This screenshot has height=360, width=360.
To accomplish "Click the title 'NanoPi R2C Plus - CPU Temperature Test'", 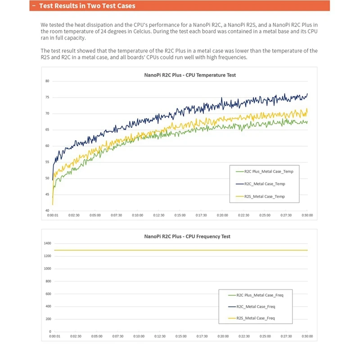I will [180, 75].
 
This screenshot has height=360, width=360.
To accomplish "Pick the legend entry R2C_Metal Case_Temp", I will [265, 184].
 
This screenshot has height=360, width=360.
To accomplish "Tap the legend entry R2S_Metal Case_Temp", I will [265, 197].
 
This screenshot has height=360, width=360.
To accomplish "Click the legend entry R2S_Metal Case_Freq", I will [254, 318].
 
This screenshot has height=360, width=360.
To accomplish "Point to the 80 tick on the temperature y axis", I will [47, 81].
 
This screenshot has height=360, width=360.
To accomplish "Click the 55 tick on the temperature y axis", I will [47, 162].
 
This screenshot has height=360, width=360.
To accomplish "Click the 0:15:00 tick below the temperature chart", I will [180, 216].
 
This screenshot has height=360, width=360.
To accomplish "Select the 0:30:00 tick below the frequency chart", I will [308, 336].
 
